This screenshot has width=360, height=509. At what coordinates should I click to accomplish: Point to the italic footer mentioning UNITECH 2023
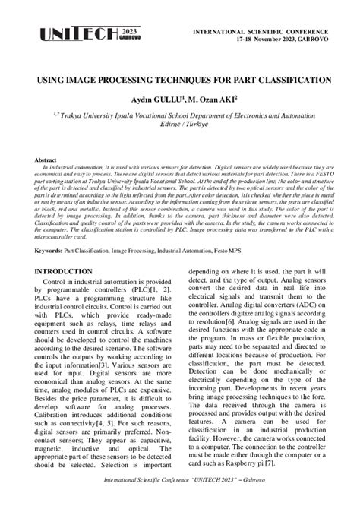(x=180, y=492)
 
